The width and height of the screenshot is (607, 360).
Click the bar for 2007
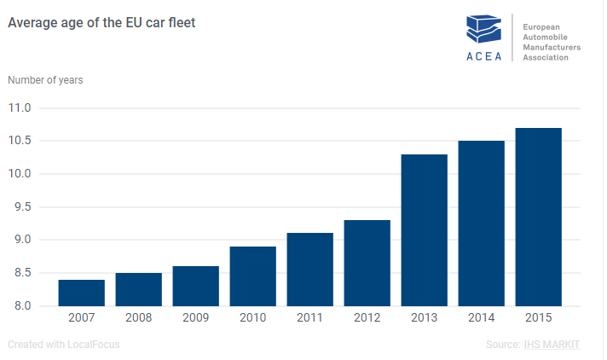(x=82, y=293)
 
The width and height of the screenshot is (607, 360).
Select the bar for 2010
(x=253, y=276)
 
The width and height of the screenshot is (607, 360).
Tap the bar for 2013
(x=425, y=229)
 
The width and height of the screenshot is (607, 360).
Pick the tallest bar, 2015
(x=539, y=217)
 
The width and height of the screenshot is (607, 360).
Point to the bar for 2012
(x=367, y=263)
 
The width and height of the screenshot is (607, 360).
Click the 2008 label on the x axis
(x=139, y=317)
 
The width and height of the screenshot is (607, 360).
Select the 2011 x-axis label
(x=310, y=317)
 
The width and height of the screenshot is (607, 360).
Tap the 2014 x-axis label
(x=482, y=317)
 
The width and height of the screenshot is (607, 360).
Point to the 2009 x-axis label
(x=196, y=317)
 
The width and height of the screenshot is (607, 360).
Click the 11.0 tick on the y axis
(x=20, y=108)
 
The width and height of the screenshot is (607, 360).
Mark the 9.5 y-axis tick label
(x=20, y=207)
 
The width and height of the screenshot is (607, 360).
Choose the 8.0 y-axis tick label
(x=20, y=306)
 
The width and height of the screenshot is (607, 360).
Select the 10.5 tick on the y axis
(x=20, y=142)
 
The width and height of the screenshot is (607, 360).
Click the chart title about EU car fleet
(x=101, y=23)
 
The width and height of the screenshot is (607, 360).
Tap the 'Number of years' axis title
(x=45, y=80)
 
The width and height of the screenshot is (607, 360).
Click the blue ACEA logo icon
(x=483, y=30)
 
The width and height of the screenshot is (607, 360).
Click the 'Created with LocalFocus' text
(x=63, y=345)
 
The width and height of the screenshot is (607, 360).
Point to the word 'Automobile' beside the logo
(x=547, y=38)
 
